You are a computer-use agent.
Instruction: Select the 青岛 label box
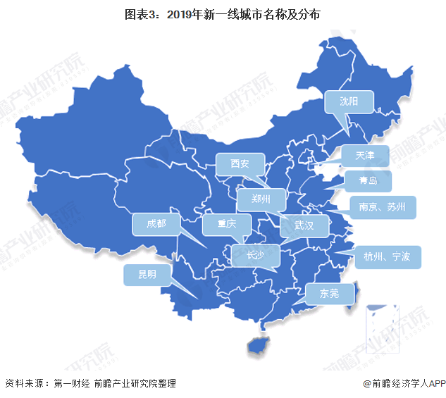coord(367,182)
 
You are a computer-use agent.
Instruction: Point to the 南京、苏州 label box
coord(383,207)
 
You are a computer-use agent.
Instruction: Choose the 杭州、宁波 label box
coord(388,256)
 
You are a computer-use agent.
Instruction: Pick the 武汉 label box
coord(304,226)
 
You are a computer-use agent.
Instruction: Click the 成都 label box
coord(156,225)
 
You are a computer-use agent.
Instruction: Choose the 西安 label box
coord(240,165)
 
